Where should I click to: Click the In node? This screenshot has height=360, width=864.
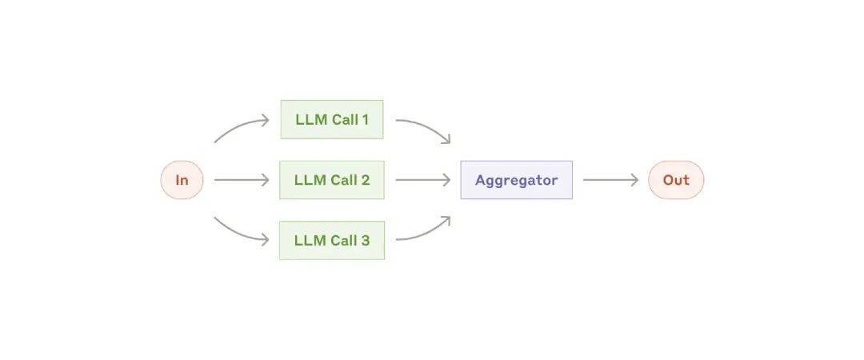point(182,180)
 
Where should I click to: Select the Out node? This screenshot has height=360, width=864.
point(676,180)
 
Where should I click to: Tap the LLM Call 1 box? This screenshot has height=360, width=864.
point(332,119)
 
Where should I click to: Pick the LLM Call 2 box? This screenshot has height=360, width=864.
point(332,180)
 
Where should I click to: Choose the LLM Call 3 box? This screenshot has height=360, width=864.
point(332,240)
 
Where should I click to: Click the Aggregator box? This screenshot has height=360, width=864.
point(516,180)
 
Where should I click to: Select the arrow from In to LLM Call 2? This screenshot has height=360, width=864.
point(242,180)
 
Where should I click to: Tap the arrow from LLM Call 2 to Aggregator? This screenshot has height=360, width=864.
point(423,180)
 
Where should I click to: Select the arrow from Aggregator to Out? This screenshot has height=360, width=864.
point(610,180)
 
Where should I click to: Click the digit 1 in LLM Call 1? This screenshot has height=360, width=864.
point(365,120)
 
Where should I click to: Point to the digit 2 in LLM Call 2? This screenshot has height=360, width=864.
point(365,180)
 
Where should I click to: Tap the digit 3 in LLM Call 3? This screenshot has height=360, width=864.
point(365,241)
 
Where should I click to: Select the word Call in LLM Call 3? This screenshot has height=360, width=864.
point(342,241)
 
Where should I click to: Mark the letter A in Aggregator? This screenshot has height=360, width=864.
point(481,180)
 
